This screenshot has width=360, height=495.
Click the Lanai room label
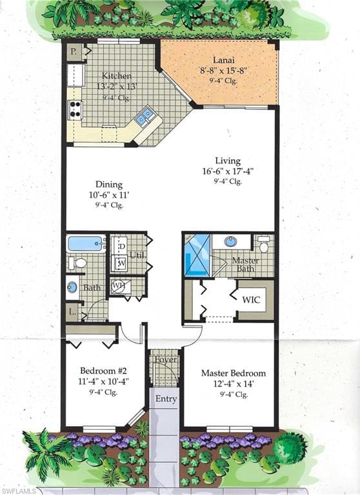pos(223,60)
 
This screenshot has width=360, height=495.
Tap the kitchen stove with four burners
pos(75,110)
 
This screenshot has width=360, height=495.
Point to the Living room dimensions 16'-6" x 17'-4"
pos(228,171)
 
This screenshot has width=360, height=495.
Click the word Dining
pos(109,185)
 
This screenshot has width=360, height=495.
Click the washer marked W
pos(121,263)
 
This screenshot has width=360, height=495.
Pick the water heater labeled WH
pos(119,286)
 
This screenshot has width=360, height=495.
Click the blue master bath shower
pos(197,255)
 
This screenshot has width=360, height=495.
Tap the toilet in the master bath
pos(263,244)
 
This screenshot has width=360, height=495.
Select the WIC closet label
pos(251,300)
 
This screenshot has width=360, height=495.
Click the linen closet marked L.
pos(73,313)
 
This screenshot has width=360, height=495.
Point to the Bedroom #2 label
pos(103,371)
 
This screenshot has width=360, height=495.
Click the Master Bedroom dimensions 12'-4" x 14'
pos(234,384)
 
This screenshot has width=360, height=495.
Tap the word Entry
pos(166,399)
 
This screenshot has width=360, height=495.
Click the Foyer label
pos(166,360)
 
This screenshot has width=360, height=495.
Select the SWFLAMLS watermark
pos(18,491)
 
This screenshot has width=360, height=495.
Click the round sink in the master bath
pos(232,242)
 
